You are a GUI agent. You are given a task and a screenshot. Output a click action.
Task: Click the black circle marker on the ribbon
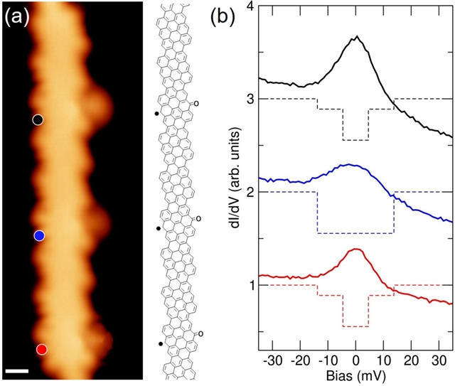click(38, 119)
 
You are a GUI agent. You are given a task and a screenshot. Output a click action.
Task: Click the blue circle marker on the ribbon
click(40, 235)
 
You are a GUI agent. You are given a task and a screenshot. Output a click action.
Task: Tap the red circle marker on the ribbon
click(42, 349)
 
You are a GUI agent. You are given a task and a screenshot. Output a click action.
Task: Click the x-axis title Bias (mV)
click(355, 377)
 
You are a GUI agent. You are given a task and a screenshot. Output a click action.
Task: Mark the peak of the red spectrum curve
click(357, 249)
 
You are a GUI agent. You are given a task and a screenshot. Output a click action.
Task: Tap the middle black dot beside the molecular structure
click(157, 229)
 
